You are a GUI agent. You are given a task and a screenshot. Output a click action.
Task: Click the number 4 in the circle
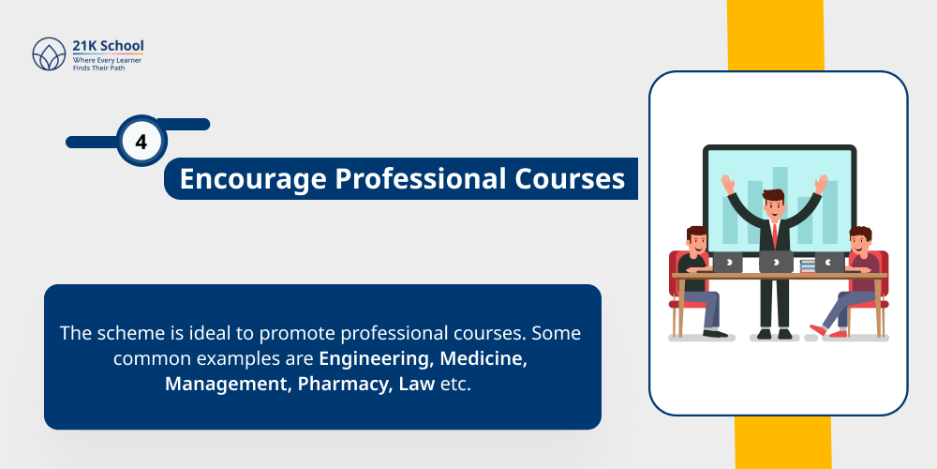[x=141, y=143]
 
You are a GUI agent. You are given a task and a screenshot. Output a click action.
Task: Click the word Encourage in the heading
[x=241, y=178]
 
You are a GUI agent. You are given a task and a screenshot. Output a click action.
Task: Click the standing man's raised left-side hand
[x=726, y=183]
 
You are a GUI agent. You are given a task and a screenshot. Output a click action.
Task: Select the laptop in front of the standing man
[x=776, y=262]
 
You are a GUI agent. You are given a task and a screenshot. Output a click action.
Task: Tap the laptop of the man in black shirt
[x=727, y=263]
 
